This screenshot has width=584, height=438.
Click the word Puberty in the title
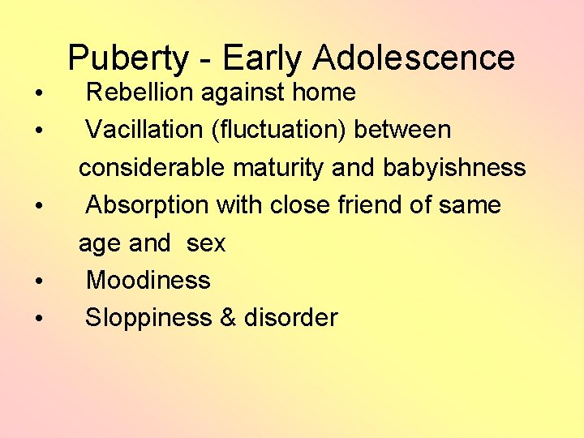pos(130,58)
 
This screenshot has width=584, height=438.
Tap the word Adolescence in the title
pos(414,58)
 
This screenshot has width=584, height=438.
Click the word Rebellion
pos(140,92)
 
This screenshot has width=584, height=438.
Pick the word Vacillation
pos(143,130)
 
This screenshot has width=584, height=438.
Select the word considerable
pos(152,168)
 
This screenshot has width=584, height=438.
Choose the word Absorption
pos(147,205)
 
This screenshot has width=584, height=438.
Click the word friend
pos(370,205)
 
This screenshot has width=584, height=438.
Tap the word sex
pos(206,243)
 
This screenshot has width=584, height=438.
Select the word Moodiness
pos(148,281)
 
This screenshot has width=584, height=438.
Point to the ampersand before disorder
pos(227,318)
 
